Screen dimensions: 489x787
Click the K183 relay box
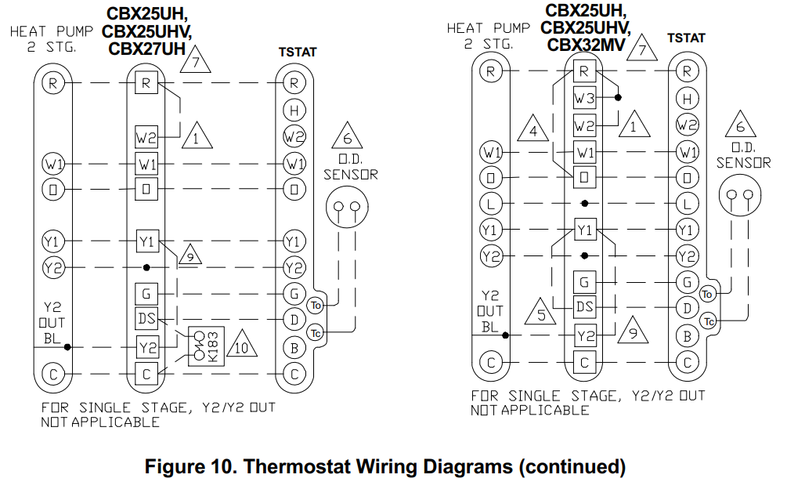pyautogui.click(x=206, y=345)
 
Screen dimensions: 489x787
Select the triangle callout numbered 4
pyautogui.click(x=534, y=130)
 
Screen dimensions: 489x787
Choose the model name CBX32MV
pyautogui.click(x=586, y=45)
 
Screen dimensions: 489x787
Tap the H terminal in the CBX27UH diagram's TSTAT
pyautogui.click(x=294, y=110)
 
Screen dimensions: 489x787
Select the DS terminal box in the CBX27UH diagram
pyautogui.click(x=146, y=319)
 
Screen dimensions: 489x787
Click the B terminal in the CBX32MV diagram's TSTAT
pyautogui.click(x=687, y=335)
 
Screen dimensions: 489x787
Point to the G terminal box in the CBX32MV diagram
pyautogui.click(x=584, y=281)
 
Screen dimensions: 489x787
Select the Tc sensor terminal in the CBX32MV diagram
pyautogui.click(x=708, y=321)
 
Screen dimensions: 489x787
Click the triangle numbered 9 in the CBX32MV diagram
pyautogui.click(x=633, y=331)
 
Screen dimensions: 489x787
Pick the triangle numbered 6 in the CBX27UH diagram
pyautogui.click(x=345, y=138)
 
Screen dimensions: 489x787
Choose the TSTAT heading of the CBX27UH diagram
pyautogui.click(x=298, y=53)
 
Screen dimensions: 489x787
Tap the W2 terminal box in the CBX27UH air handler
pyautogui.click(x=146, y=137)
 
